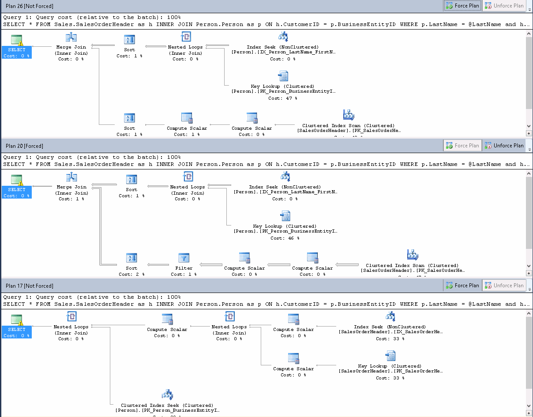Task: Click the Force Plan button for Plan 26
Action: click(x=462, y=6)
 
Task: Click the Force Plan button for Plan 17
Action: click(x=462, y=286)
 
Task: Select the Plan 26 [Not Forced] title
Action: click(x=30, y=6)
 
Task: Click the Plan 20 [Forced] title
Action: click(x=25, y=146)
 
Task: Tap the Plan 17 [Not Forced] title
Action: click(x=30, y=286)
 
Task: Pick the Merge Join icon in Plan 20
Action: click(x=71, y=177)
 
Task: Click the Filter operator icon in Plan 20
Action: click(x=184, y=258)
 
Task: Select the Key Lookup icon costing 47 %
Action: click(x=283, y=76)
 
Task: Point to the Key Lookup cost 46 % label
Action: click(x=285, y=238)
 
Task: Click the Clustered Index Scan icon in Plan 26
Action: click(x=349, y=115)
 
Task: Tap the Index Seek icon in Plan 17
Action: click(x=390, y=316)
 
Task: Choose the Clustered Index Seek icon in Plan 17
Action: click(x=167, y=394)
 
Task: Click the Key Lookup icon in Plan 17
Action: click(x=390, y=356)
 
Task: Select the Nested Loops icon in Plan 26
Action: click(x=186, y=37)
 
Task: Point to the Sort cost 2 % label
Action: click(x=131, y=274)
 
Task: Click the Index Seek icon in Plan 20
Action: click(x=285, y=177)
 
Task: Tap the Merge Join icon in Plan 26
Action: click(x=71, y=38)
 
